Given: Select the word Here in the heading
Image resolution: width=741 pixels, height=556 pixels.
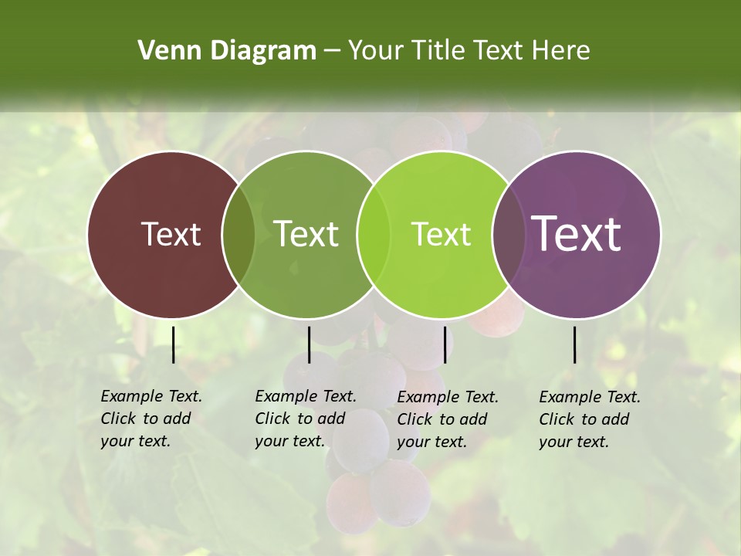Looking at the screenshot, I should point(562,51).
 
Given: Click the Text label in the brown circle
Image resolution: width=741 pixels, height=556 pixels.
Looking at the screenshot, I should point(171,234).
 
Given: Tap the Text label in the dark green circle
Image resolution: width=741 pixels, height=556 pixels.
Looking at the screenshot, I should point(306,234).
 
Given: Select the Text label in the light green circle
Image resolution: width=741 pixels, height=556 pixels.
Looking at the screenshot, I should point(441,234).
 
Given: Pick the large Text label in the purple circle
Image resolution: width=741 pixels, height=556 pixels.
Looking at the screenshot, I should point(576,234).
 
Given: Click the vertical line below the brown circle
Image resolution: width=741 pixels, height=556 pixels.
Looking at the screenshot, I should point(173,344).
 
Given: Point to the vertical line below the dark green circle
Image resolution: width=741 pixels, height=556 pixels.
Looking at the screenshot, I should point(309,344).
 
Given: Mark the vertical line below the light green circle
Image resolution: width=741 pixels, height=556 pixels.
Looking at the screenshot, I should point(445,344).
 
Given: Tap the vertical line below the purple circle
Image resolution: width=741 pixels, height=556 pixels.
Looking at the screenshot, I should point(575,344).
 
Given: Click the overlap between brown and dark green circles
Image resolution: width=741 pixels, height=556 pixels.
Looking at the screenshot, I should point(239,234).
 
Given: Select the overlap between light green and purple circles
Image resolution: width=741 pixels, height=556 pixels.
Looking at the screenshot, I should point(509,234).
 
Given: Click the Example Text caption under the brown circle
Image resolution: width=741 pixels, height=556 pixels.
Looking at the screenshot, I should point(151,396).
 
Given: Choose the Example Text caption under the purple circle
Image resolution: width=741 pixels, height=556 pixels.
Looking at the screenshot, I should point(590,397).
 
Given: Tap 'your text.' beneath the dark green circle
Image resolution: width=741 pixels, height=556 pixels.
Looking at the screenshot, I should point(289,441).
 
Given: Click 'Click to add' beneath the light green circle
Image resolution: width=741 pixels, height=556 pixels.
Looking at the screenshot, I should point(442,419).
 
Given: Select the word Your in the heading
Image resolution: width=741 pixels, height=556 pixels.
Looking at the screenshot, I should point(377,51).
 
